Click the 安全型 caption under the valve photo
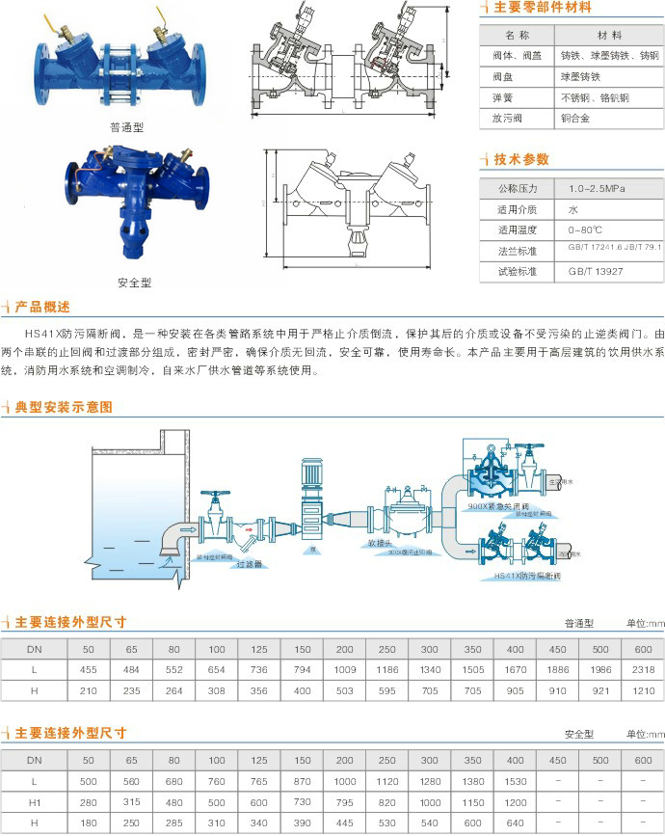[x=133, y=283]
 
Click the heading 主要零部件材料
[x=542, y=8]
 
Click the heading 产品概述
[x=42, y=307]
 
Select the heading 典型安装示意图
[x=63, y=407]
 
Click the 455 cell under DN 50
[x=88, y=669]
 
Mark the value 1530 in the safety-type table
[x=515, y=780]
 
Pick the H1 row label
[x=35, y=801]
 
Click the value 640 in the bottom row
[x=515, y=823]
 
